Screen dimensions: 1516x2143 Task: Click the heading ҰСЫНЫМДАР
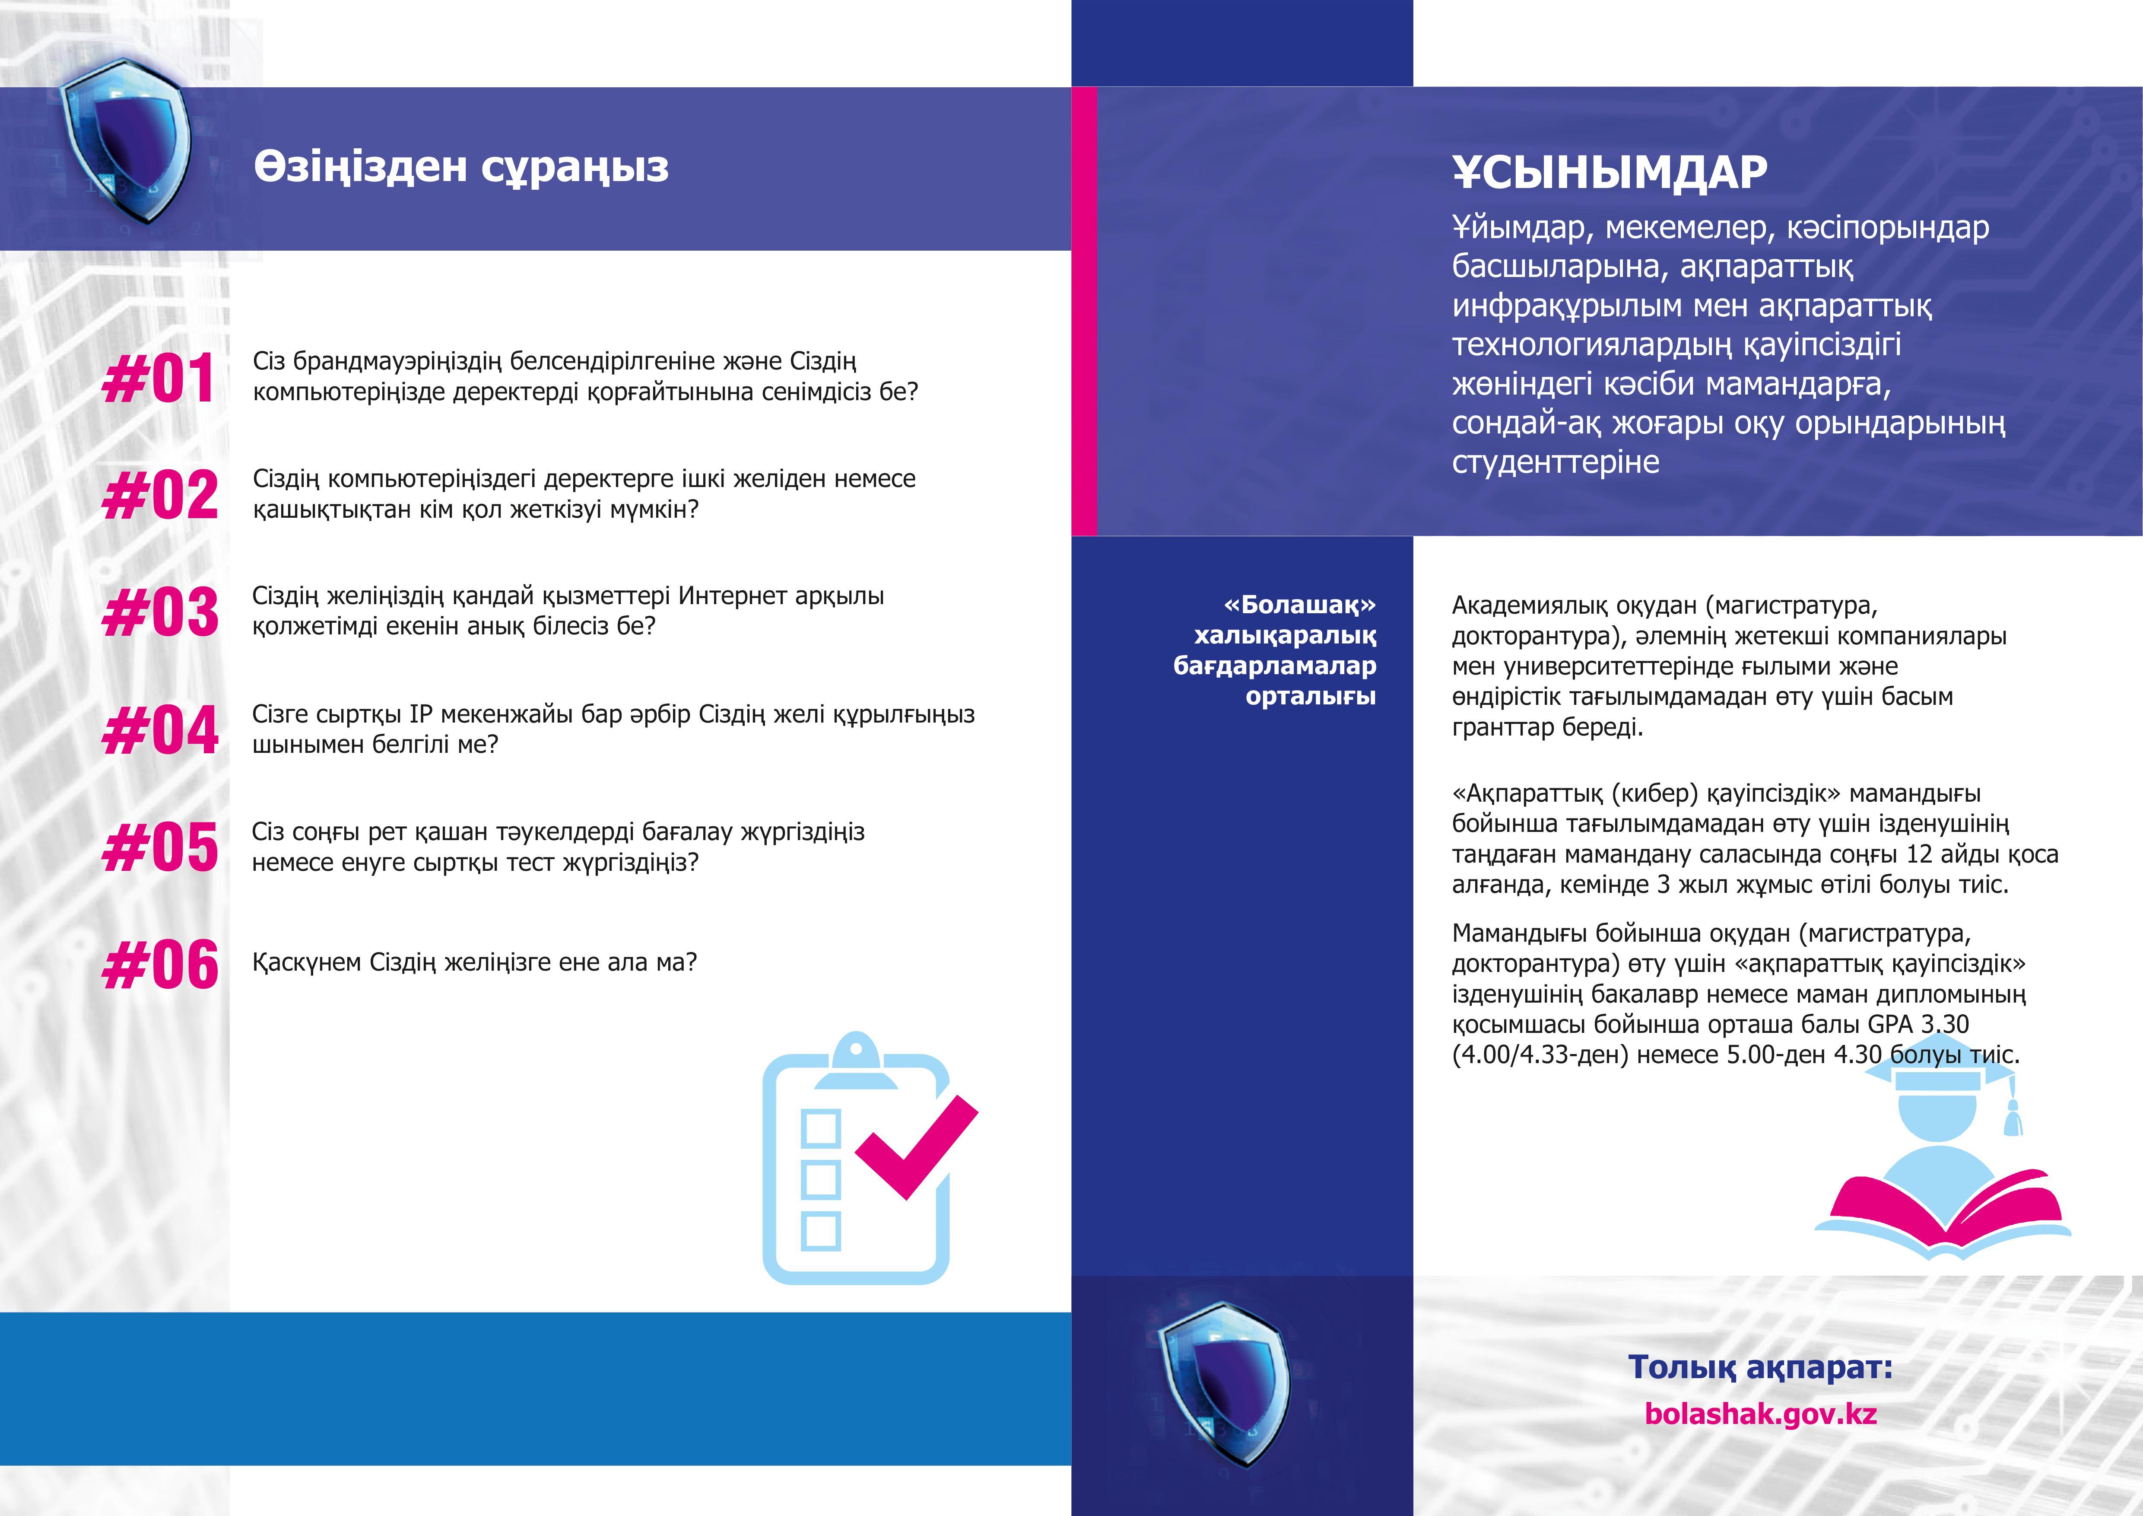coord(1609,173)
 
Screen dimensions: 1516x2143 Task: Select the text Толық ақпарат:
coord(1760,1368)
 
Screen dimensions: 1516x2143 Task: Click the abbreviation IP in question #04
coord(421,714)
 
